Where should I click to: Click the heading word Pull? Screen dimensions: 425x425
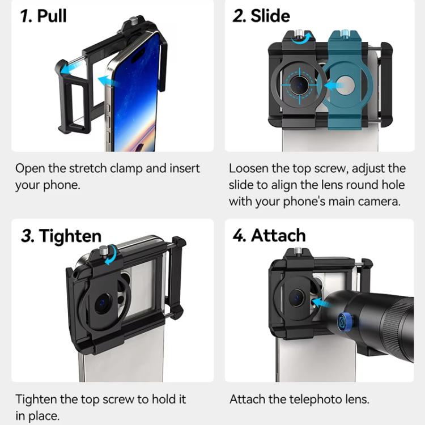[52, 16]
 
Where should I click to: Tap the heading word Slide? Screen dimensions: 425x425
[270, 16]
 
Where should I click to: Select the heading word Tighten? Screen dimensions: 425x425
[70, 236]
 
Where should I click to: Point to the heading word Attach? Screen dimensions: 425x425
[278, 235]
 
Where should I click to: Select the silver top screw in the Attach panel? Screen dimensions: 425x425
[298, 251]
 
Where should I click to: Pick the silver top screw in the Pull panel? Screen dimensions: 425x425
[133, 20]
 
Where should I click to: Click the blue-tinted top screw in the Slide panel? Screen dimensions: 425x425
[345, 33]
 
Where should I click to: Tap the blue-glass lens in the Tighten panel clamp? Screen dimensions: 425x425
[103, 303]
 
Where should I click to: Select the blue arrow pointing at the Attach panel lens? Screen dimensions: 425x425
[321, 302]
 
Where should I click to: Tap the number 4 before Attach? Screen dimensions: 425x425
[239, 235]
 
